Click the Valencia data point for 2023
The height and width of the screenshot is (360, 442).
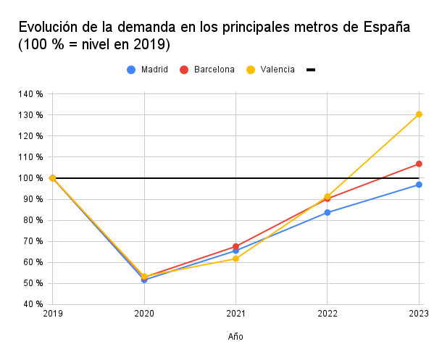coord(419,114)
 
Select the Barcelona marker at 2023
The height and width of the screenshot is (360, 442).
coord(419,164)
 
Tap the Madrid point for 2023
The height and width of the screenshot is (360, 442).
coord(419,185)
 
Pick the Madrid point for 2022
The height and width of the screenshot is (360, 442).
coord(328,212)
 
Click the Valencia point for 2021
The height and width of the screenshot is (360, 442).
coord(235,259)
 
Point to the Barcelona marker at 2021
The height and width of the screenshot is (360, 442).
coord(235,246)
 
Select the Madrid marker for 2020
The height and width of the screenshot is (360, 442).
coord(144,280)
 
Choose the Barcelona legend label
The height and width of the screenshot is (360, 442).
coord(214,70)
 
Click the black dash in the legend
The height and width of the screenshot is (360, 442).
coord(311,70)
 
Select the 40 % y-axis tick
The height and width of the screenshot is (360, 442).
coord(33,304)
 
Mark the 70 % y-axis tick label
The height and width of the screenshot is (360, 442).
coord(33,241)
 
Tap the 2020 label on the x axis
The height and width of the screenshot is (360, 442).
coord(144,314)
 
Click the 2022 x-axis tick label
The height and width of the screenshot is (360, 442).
coord(328,314)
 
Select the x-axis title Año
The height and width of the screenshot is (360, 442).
coord(235,337)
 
